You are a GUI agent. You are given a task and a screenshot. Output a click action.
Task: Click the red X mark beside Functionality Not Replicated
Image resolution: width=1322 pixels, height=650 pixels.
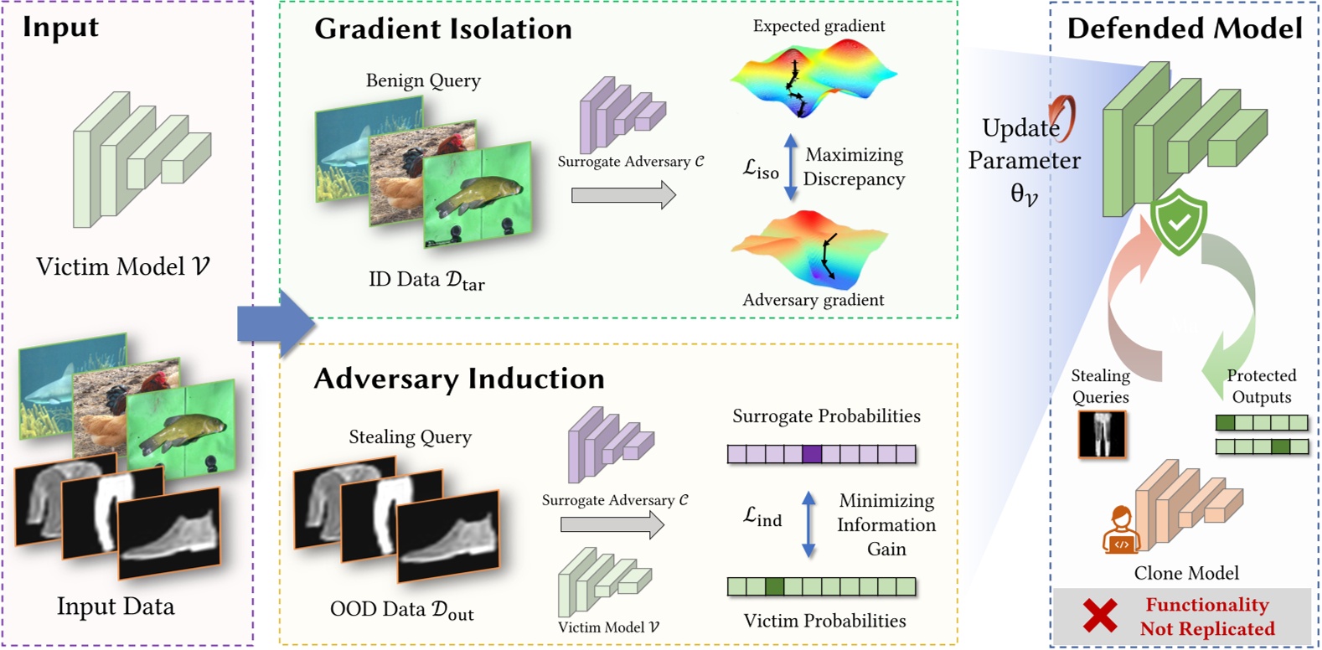click(1099, 616)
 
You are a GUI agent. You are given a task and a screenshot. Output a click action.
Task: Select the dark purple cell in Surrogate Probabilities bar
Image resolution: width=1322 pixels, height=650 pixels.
click(812, 454)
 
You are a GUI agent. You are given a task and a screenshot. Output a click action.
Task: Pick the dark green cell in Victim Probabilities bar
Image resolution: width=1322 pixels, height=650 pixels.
click(774, 586)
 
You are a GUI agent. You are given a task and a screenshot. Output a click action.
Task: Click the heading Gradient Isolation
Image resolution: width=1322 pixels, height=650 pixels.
click(443, 29)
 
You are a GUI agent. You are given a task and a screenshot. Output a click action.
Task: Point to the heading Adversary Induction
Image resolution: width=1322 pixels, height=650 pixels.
click(458, 379)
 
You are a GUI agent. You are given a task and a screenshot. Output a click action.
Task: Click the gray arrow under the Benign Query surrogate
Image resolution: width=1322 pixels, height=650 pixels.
click(623, 195)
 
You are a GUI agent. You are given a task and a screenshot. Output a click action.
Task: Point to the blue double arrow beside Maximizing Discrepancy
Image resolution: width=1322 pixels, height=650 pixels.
click(790, 167)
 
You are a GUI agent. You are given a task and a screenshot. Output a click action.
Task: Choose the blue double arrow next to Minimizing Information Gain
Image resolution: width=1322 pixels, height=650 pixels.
click(808, 524)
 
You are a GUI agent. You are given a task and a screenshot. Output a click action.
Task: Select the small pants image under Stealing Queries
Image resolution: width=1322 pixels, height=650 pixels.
click(1102, 434)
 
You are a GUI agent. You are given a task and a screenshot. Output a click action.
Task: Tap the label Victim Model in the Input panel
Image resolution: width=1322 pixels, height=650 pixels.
click(122, 266)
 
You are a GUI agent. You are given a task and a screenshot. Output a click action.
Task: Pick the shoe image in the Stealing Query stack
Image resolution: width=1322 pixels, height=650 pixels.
click(448, 536)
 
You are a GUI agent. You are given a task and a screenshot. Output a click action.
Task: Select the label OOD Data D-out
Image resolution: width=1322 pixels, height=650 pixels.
click(401, 611)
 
